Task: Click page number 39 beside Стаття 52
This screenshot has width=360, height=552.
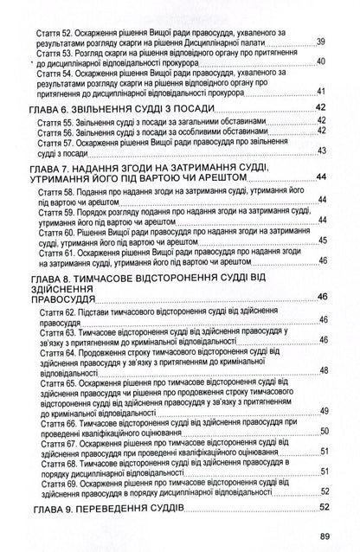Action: coord(321,42)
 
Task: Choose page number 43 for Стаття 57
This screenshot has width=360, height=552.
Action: coord(321,151)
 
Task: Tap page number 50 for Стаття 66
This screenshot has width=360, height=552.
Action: coord(321,430)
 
